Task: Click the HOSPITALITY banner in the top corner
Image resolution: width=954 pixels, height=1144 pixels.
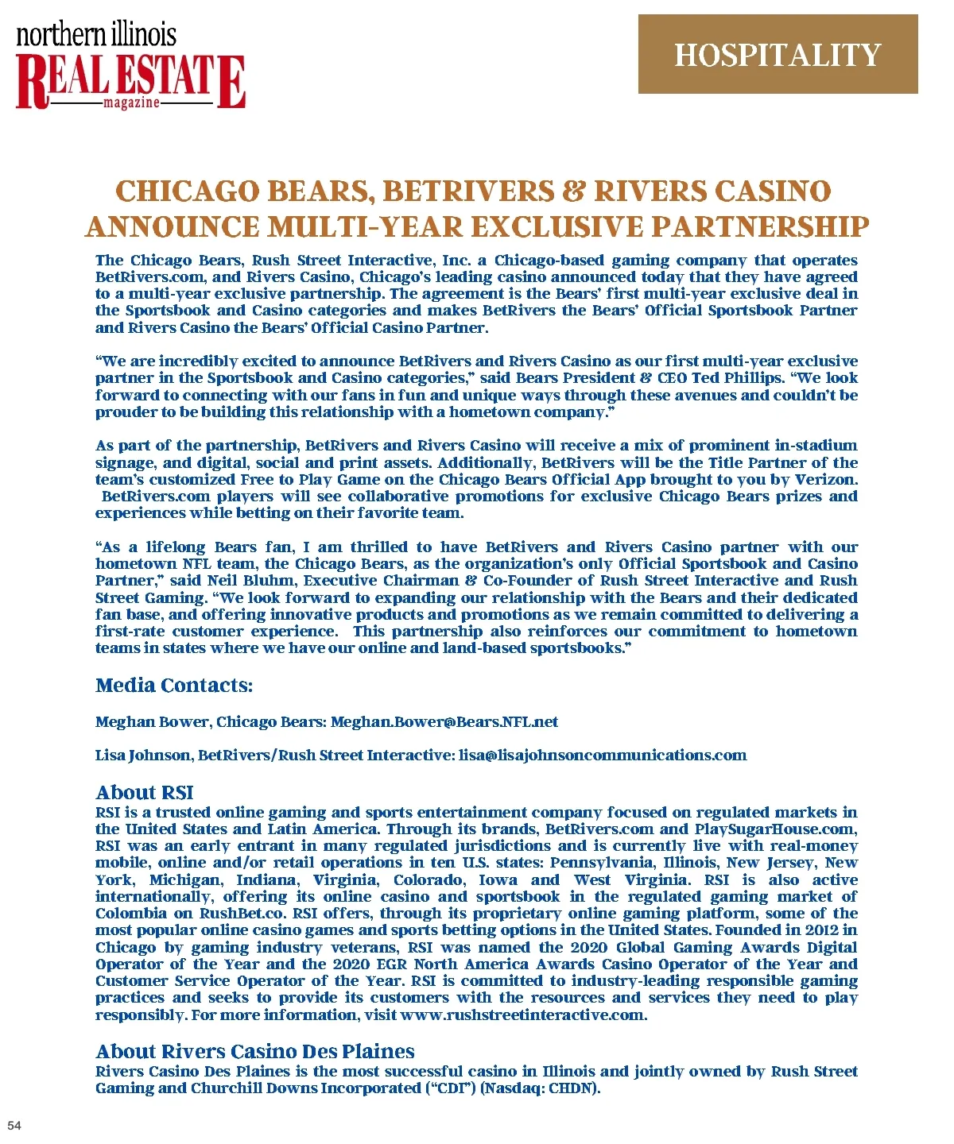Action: click(778, 54)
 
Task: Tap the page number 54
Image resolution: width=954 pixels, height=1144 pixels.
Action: click(14, 1125)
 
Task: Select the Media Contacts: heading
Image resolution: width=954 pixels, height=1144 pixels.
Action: click(174, 686)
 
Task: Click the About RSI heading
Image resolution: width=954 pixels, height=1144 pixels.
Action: click(144, 792)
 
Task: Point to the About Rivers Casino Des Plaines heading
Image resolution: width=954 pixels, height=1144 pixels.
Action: click(254, 1051)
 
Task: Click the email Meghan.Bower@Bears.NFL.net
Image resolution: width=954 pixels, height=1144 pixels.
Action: click(444, 722)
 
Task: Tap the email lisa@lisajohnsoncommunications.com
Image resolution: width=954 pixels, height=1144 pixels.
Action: click(603, 756)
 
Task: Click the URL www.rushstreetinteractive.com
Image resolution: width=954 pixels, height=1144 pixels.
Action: click(523, 1015)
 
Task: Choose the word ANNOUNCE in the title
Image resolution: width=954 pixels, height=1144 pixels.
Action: click(172, 227)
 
